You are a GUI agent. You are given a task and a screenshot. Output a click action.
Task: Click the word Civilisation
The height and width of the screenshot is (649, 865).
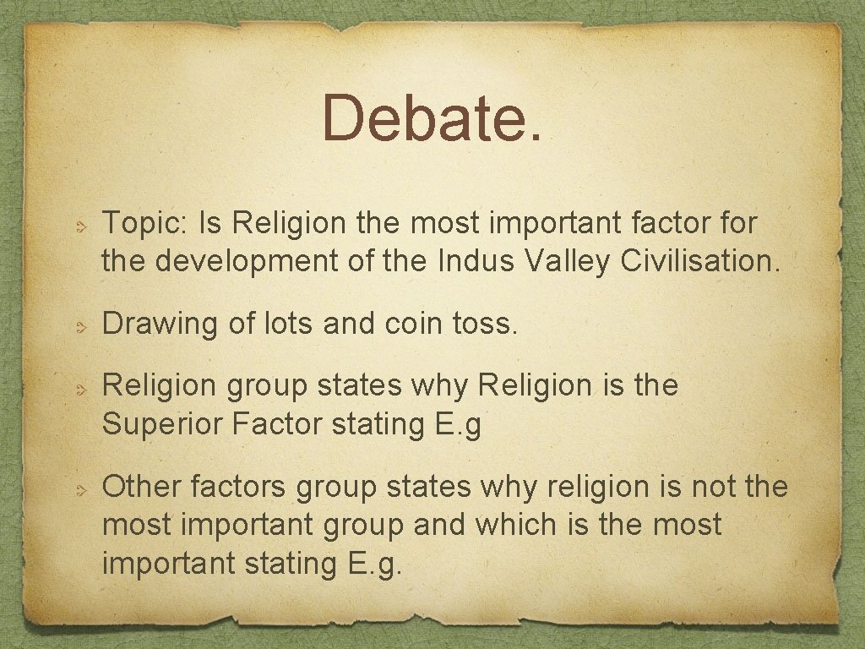700,261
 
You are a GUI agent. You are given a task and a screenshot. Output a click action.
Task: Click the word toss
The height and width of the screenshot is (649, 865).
485,323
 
